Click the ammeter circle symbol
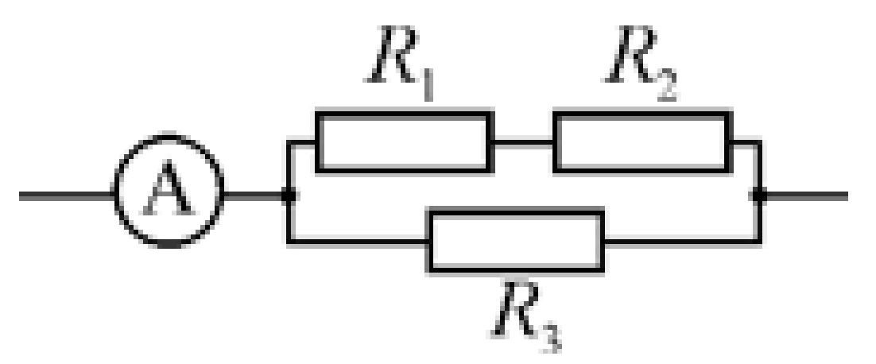tap(115, 190)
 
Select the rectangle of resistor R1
tap(316, 143)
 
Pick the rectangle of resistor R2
tap(554, 143)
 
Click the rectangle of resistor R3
tap(429, 241)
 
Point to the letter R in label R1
tap(391, 53)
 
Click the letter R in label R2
tap(630, 53)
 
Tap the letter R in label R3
tap(517, 308)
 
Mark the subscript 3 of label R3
tap(551, 337)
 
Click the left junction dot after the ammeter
tap(289, 196)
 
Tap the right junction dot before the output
tap(758, 196)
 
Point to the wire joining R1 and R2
tap(524, 144)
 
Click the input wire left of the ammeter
tap(67, 196)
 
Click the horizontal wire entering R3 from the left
tap(358, 242)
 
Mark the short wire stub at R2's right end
tap(746, 144)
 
